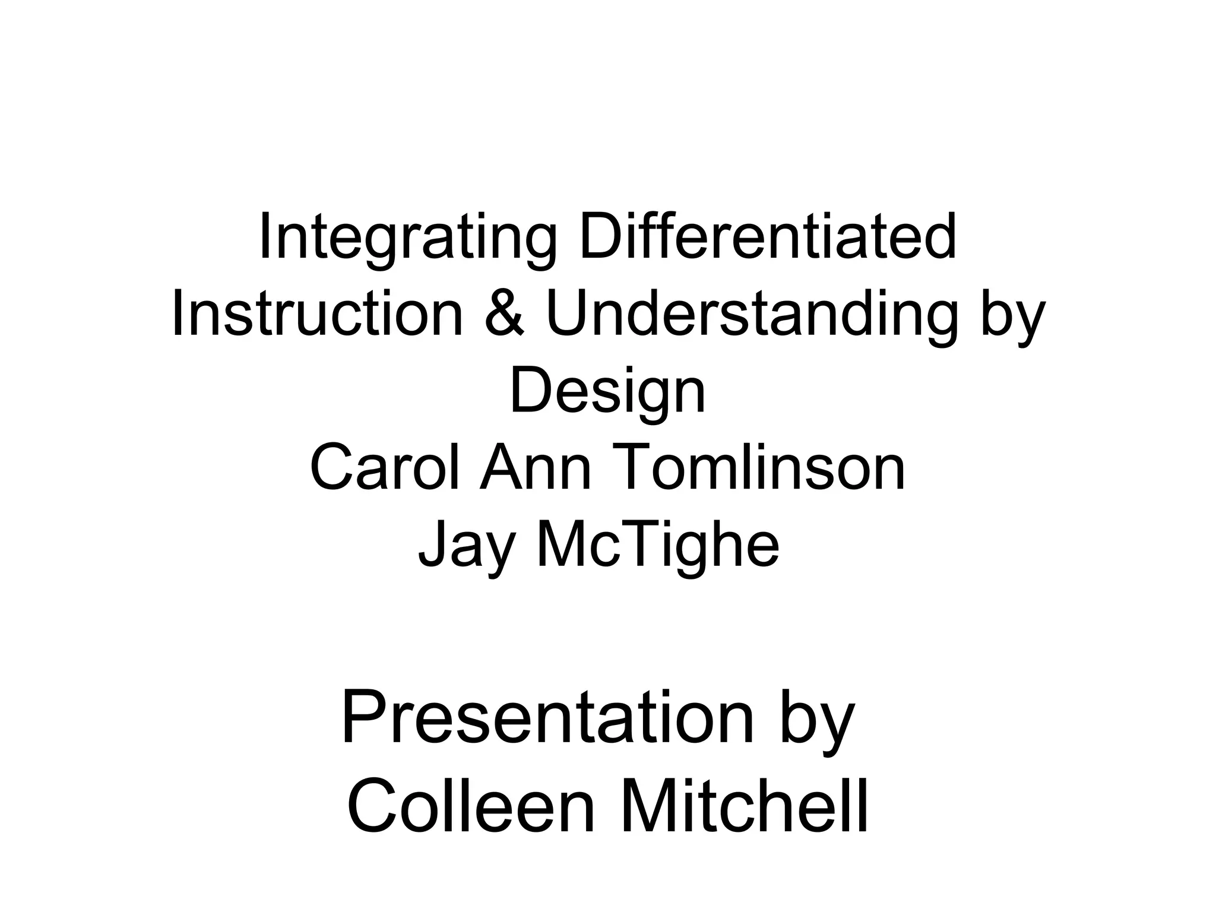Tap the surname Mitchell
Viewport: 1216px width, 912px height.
745,807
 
